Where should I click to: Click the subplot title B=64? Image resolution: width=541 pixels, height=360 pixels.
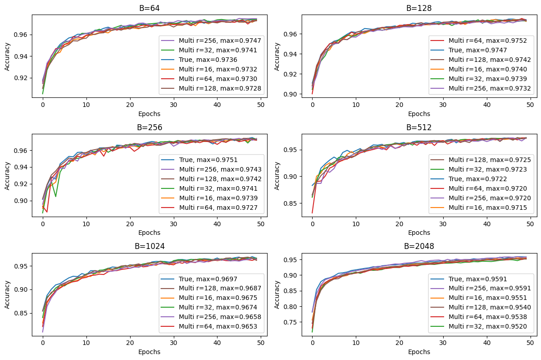pos(149,8)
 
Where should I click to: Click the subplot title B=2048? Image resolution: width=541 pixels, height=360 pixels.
pos(419,246)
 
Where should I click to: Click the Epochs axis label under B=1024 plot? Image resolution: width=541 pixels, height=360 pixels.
pos(149,352)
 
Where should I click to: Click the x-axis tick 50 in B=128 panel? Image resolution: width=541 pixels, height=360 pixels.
pos(530,105)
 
